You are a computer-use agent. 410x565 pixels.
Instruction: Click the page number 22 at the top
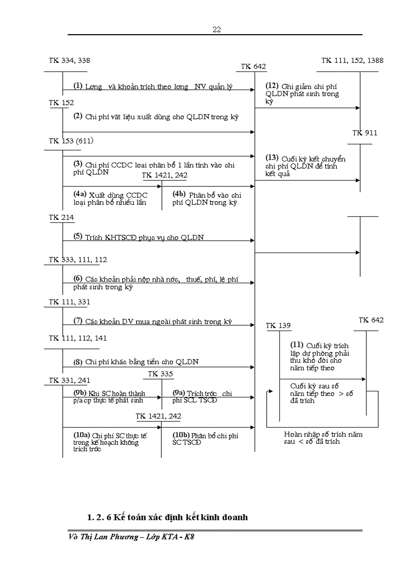click(x=217, y=30)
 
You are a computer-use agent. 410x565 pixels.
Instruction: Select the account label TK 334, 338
click(x=69, y=60)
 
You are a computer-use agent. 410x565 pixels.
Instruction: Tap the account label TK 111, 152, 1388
click(x=352, y=60)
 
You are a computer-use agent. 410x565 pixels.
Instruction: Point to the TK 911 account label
click(x=365, y=133)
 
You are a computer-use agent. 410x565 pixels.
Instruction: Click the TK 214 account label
click(x=61, y=217)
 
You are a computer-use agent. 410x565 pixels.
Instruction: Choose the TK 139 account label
click(x=278, y=326)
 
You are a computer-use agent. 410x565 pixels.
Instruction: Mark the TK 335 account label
click(x=160, y=374)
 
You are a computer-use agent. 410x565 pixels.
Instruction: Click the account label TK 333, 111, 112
click(x=77, y=260)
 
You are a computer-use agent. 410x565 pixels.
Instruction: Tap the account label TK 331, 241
click(x=69, y=380)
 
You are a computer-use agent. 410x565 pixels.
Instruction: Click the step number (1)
click(x=78, y=86)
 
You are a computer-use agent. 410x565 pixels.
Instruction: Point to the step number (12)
click(x=271, y=85)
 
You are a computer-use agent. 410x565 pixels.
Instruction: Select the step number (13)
click(x=271, y=157)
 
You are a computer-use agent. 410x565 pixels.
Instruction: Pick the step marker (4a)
click(x=80, y=194)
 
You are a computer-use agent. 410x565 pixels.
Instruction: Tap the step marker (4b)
click(x=179, y=194)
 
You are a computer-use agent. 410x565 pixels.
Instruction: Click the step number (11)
click(x=297, y=345)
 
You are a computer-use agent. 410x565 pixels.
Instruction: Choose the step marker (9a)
click(x=178, y=392)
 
